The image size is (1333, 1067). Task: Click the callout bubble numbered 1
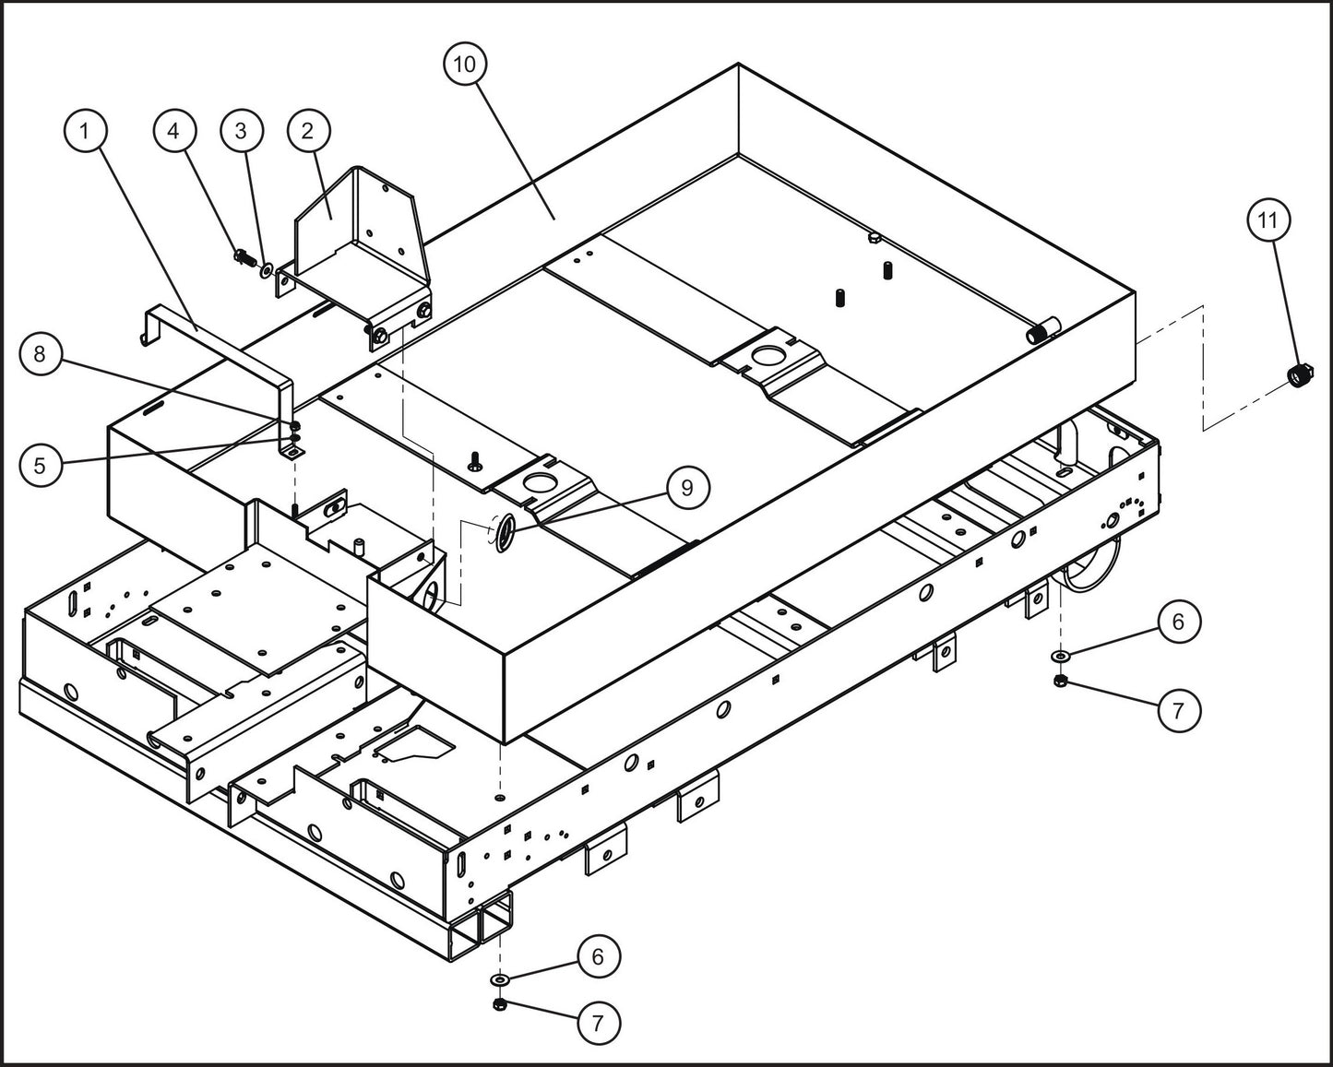pos(85,131)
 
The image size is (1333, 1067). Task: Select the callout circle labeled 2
pos(307,131)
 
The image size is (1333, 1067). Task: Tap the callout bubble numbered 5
pos(40,465)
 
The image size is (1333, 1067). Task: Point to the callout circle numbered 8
pos(40,354)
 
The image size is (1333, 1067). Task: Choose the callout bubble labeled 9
pos(686,488)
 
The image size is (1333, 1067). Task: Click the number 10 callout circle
pos(465,64)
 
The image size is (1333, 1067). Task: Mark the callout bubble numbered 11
pos(1268,220)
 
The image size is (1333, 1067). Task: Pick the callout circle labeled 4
pos(174,131)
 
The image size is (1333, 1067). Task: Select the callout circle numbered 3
pos(241,131)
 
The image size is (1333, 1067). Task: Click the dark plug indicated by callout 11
pos(1300,375)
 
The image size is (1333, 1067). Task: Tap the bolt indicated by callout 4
pos(244,255)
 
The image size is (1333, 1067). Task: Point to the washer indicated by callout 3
pos(267,270)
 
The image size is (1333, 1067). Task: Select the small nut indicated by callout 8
pos(294,426)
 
